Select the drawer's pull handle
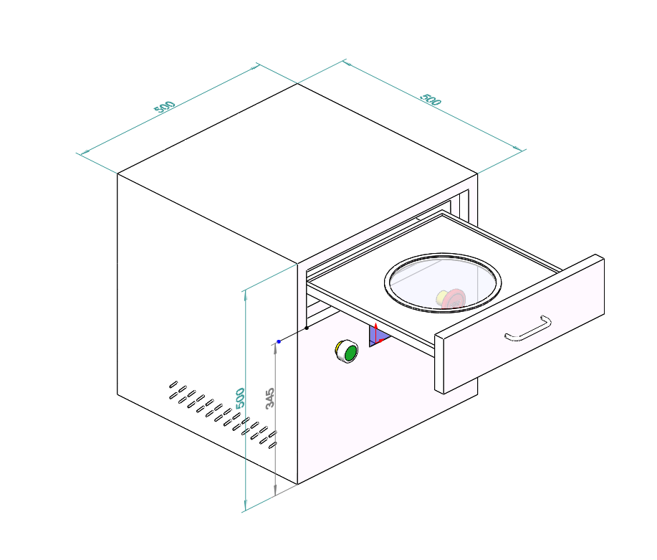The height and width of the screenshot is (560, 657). [x=528, y=328]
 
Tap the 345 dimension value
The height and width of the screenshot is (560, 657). [x=270, y=398]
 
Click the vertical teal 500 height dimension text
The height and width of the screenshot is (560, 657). [x=240, y=398]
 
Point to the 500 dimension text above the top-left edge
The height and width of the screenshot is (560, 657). [x=164, y=107]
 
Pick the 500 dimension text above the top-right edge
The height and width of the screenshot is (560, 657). [x=431, y=100]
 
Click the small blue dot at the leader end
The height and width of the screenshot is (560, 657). [x=279, y=341]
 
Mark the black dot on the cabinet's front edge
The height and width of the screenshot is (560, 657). [x=307, y=328]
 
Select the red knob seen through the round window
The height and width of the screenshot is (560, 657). [x=454, y=299]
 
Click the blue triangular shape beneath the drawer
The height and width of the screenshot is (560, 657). [x=378, y=336]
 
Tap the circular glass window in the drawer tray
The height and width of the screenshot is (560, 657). [x=443, y=283]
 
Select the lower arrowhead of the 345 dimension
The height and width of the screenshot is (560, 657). [x=275, y=490]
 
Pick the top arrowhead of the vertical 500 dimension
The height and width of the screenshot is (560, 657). [x=246, y=295]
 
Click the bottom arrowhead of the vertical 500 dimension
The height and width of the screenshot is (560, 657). [x=246, y=506]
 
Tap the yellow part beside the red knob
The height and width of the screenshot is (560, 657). [x=441, y=298]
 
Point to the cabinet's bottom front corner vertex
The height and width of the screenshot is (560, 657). [x=297, y=484]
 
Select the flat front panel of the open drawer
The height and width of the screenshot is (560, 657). [x=519, y=324]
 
